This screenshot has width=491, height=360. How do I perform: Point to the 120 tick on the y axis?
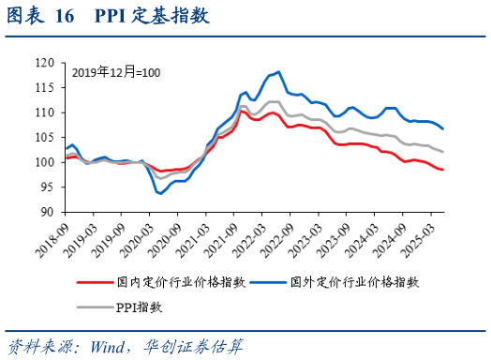coord(43,63)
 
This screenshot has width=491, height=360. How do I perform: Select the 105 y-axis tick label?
coord(43,137)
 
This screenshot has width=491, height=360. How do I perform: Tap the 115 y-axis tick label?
coord(43,87)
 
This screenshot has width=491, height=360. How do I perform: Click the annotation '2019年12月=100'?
coord(116,72)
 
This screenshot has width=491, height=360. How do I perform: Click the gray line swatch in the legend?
coord(95,307)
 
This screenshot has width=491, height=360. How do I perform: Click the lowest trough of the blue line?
coord(161,193)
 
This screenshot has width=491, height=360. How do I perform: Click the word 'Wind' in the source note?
coord(110,347)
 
